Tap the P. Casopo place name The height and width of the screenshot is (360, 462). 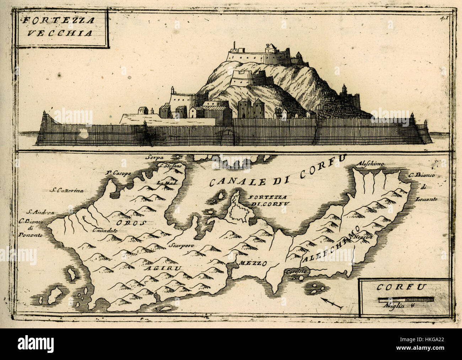(119, 173)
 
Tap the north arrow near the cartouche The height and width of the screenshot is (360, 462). (332, 304)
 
